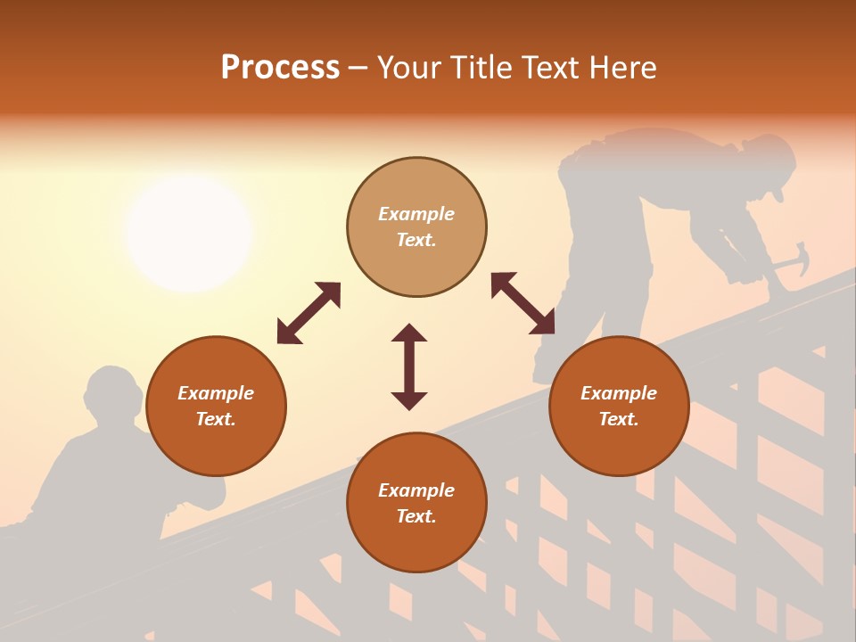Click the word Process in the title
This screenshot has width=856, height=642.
point(280,68)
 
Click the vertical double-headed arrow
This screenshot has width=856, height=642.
point(409,366)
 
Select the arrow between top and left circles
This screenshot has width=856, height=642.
point(309,313)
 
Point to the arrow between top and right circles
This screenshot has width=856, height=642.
point(523,303)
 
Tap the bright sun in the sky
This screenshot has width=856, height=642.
point(189,233)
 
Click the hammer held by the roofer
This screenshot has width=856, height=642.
point(792,260)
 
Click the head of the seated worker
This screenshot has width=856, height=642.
point(111,392)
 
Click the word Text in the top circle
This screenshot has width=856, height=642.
point(416,240)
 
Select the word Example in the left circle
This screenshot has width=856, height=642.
point(216,393)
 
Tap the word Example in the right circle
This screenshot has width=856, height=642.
point(619,393)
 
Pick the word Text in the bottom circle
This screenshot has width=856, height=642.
point(416,516)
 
